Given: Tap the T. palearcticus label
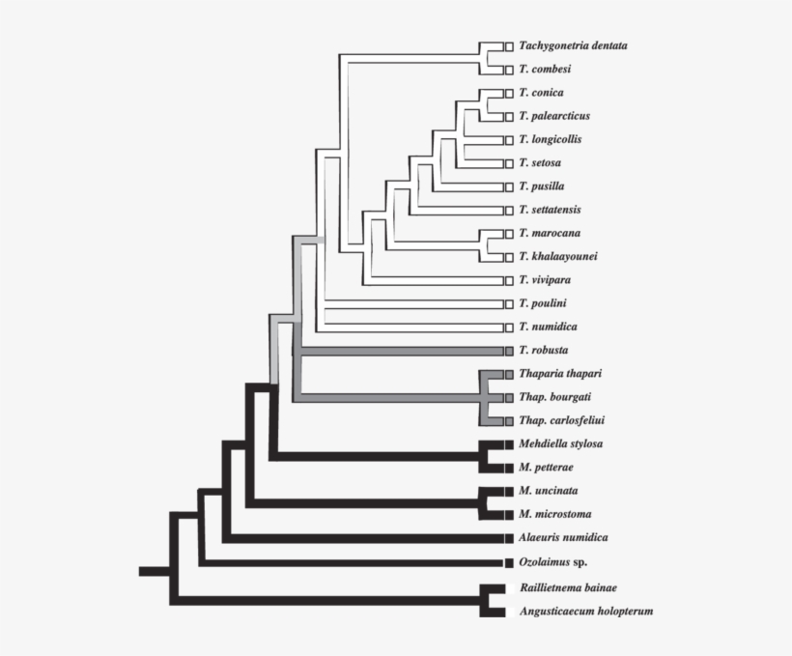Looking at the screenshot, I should tap(553, 116).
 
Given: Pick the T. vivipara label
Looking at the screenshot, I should tap(544, 280).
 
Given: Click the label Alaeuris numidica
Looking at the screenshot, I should tap(563, 537).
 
